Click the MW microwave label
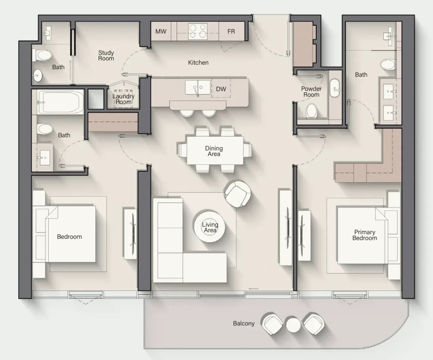(161, 31)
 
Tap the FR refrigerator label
(231, 31)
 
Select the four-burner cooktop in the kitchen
(198, 31)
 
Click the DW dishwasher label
(221, 89)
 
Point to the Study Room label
(106, 56)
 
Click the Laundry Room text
(123, 99)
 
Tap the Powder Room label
(311, 92)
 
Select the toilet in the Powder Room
(312, 111)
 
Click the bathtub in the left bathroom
(60, 102)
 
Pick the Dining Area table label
(214, 151)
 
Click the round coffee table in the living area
(209, 227)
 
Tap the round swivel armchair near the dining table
(238, 194)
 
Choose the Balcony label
(244, 324)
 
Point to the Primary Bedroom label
(365, 235)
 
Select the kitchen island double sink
(198, 88)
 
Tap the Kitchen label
(198, 63)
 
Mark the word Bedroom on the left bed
(69, 237)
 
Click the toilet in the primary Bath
(388, 64)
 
